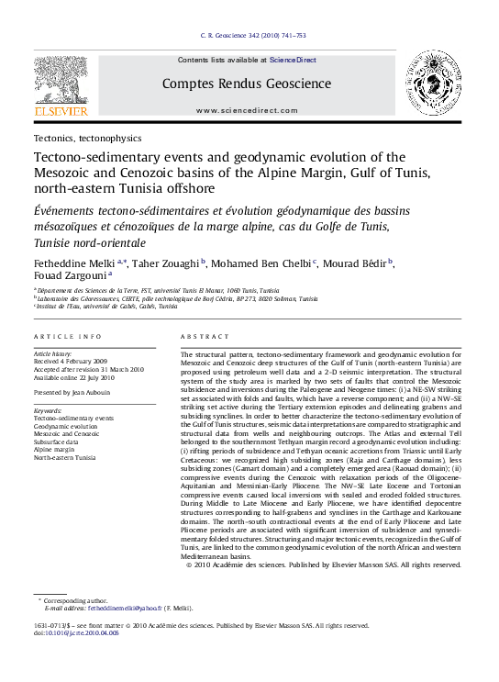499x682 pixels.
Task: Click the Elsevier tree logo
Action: point(61,81)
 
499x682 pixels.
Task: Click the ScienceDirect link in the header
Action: point(293,60)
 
